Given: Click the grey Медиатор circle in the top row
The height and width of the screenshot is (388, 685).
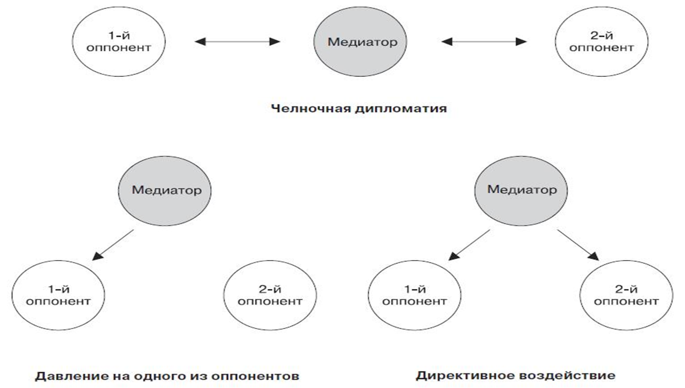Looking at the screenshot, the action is pyautogui.click(x=360, y=42).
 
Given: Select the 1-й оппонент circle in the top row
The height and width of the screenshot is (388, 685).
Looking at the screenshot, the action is pyautogui.click(x=119, y=42).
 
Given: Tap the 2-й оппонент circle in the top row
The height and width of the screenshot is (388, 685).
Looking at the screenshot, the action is pyautogui.click(x=602, y=42).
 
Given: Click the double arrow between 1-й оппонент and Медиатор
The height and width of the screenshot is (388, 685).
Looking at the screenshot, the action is pyautogui.click(x=237, y=42).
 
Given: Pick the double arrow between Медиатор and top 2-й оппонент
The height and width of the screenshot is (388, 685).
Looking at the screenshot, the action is pyautogui.click(x=484, y=42).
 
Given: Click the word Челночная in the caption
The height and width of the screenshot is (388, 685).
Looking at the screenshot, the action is pyautogui.click(x=310, y=108).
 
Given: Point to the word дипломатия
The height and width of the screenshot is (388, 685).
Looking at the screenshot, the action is pyautogui.click(x=401, y=109).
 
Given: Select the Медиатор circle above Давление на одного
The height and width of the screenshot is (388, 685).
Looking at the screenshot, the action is pyautogui.click(x=165, y=191).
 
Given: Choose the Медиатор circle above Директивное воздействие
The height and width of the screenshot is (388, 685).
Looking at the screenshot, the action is pyautogui.click(x=521, y=191).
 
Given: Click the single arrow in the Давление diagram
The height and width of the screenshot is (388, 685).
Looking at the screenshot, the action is pyautogui.click(x=113, y=245).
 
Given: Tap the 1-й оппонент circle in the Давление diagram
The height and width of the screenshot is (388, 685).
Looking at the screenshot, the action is pyautogui.click(x=58, y=295).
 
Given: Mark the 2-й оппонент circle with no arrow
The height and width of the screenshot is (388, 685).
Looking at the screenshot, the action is pyautogui.click(x=270, y=295).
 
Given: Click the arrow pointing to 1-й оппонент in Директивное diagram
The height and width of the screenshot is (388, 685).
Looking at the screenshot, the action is pyautogui.click(x=469, y=245).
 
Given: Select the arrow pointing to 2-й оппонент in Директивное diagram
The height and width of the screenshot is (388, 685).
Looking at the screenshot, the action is pyautogui.click(x=578, y=245).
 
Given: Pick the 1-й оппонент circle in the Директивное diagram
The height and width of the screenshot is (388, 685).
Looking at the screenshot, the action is pyautogui.click(x=414, y=295).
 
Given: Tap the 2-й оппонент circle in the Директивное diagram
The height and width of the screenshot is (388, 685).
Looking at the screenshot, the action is pyautogui.click(x=627, y=295).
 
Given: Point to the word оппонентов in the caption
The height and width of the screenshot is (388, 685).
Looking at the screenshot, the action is pyautogui.click(x=255, y=376).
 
